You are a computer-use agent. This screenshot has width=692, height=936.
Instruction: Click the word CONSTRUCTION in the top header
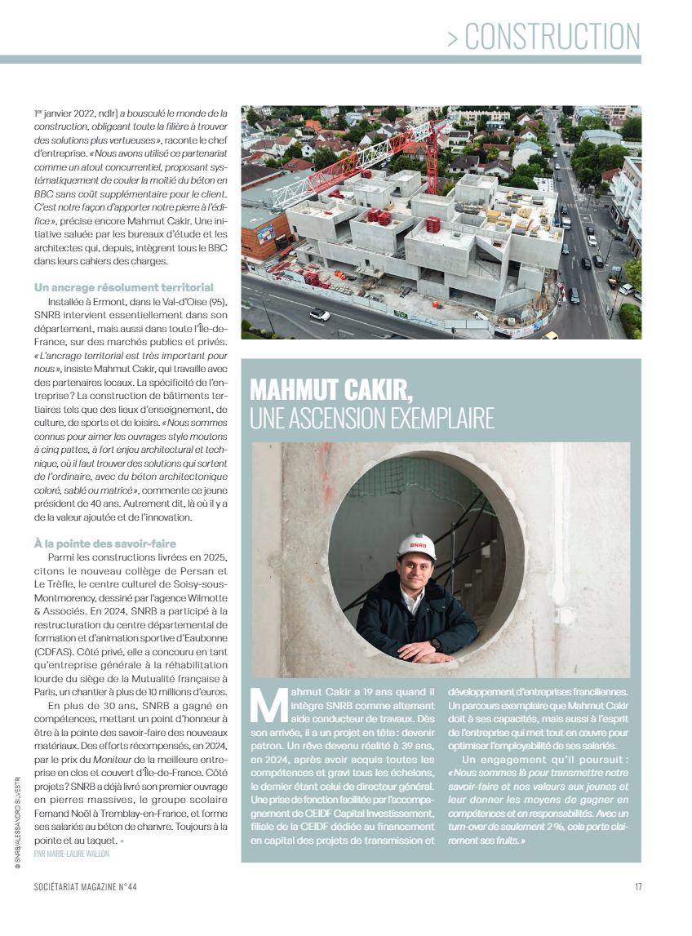click(x=552, y=37)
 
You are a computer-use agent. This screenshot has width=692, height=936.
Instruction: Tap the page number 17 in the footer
click(x=637, y=888)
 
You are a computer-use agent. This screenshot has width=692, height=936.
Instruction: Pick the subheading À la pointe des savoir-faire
click(x=105, y=543)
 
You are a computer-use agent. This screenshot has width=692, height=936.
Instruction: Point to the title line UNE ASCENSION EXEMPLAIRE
click(x=372, y=418)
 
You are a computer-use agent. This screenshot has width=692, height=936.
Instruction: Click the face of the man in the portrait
click(x=415, y=571)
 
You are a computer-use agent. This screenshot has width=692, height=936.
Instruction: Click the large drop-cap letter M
click(x=268, y=706)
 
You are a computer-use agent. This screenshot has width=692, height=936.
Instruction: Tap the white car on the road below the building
click(x=319, y=313)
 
